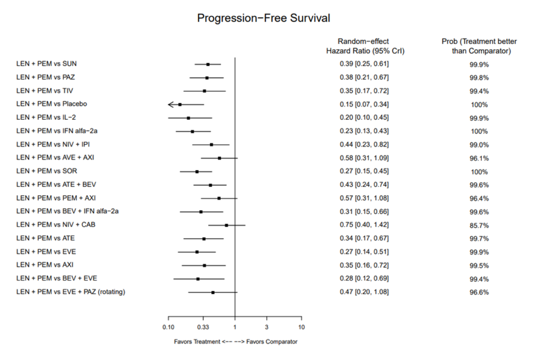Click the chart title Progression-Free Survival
pyautogui.click(x=263, y=18)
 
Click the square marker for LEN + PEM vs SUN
pyautogui.click(x=208, y=64)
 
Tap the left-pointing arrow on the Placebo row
pyautogui.click(x=171, y=104)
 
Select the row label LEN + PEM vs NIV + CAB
pyautogui.click(x=56, y=225)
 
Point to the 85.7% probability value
pyautogui.click(x=479, y=226)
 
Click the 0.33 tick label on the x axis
pyautogui.click(x=203, y=327)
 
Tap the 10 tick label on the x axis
pyautogui.click(x=301, y=327)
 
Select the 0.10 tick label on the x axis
pyautogui.click(x=168, y=327)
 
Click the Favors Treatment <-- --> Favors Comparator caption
pyautogui.click(x=235, y=342)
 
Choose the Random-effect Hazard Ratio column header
pyautogui.click(x=365, y=46)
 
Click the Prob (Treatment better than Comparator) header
pyautogui.click(x=479, y=46)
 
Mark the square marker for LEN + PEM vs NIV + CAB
pyautogui.click(x=226, y=225)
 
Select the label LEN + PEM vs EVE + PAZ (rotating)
pyautogui.click(x=71, y=292)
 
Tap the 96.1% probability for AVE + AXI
pyautogui.click(x=479, y=158)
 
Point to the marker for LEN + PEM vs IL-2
pyautogui.click(x=188, y=118)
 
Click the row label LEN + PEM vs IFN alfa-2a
pyautogui.click(x=57, y=131)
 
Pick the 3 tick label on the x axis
pyautogui.click(x=266, y=327)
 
